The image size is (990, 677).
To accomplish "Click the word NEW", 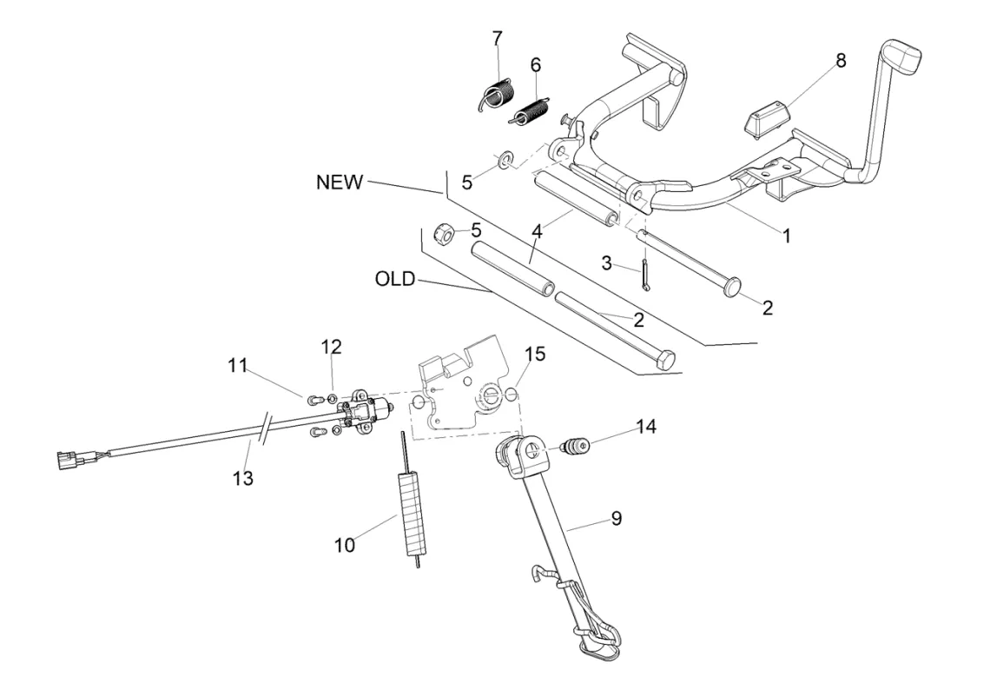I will pyautogui.click(x=340, y=183).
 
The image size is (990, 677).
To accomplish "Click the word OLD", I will pyautogui.click(x=395, y=280).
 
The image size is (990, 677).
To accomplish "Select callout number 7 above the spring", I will pyautogui.click(x=497, y=39).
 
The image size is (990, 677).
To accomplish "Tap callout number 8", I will pyautogui.click(x=840, y=61).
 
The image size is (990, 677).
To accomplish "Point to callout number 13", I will pyautogui.click(x=243, y=477).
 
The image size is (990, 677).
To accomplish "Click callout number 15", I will pyautogui.click(x=535, y=354).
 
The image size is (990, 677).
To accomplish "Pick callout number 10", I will pyautogui.click(x=345, y=545).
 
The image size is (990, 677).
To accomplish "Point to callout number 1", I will pyautogui.click(x=787, y=236).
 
